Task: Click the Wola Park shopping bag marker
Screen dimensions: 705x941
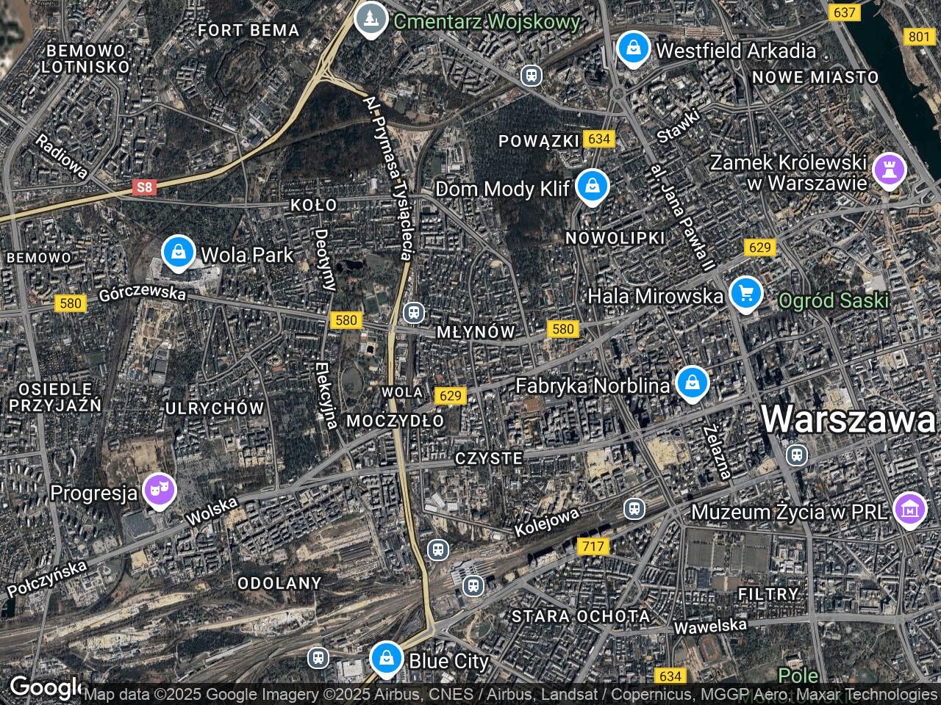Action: click(177, 252)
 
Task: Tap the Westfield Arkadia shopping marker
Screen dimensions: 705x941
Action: click(631, 48)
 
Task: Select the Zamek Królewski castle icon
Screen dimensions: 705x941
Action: click(889, 170)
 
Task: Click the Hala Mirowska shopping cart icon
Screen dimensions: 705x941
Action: click(746, 294)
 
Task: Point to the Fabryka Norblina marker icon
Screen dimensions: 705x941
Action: click(692, 383)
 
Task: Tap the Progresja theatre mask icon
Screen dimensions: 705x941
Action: click(159, 490)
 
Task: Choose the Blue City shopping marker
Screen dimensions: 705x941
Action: click(386, 658)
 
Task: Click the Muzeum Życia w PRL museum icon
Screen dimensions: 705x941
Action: click(909, 509)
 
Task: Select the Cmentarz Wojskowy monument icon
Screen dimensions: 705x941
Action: click(371, 18)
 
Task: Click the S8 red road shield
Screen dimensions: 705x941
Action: click(146, 187)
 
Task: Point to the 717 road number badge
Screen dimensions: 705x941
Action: click(593, 546)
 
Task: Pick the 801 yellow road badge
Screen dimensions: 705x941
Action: click(918, 37)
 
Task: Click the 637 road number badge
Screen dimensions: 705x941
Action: click(844, 12)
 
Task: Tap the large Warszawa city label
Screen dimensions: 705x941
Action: click(848, 419)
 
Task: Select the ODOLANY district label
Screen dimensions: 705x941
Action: click(279, 583)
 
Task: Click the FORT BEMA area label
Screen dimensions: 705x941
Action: click(249, 30)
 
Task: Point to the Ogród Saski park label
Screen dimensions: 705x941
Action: click(834, 300)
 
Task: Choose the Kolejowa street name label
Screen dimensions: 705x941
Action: click(547, 522)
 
